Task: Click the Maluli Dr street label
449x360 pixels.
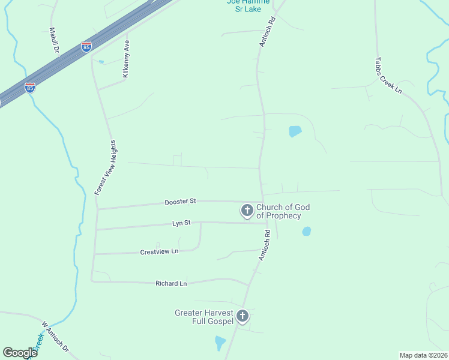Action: click(53, 40)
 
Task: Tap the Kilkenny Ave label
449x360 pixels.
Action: click(126, 58)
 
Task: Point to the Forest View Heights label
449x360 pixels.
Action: click(105, 167)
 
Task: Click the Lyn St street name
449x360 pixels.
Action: click(181, 223)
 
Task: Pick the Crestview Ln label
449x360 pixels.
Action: click(159, 251)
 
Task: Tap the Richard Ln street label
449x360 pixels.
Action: click(171, 283)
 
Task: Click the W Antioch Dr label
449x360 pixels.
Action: click(55, 339)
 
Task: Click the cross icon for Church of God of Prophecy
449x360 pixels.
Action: click(247, 211)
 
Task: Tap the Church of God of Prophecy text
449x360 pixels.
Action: click(283, 211)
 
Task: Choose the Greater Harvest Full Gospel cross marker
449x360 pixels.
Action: click(243, 316)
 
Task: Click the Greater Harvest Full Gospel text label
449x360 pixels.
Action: click(204, 317)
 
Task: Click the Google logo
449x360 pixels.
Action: click(20, 353)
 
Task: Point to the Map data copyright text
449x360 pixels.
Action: click(424, 355)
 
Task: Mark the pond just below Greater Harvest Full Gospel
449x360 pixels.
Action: click(220, 343)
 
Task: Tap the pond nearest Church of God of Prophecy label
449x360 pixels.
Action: click(307, 231)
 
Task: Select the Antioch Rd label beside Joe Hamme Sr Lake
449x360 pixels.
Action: click(268, 32)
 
